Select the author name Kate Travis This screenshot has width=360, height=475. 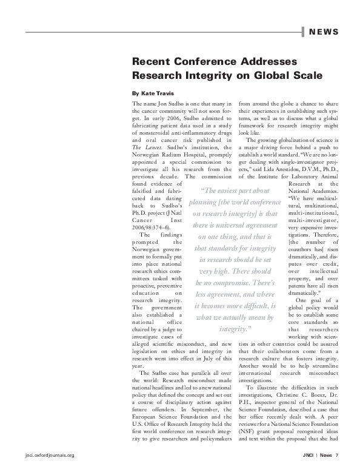coord(153,94)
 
